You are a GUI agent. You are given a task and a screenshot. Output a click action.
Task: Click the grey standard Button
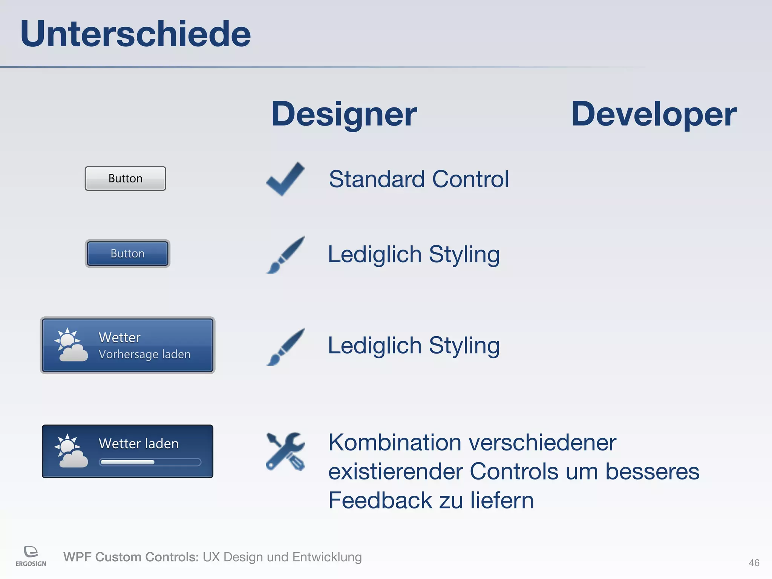[x=125, y=178]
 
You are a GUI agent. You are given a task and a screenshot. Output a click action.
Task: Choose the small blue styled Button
[x=127, y=253]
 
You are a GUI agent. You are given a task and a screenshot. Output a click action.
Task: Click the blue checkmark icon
[x=285, y=179]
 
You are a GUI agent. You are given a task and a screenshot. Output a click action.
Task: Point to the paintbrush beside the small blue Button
[x=285, y=255]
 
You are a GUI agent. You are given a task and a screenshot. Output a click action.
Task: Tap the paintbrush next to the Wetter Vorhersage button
[x=285, y=346]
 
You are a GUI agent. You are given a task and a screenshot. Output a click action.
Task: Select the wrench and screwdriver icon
[x=285, y=451]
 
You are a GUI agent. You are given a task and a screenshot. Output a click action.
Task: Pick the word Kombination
[x=395, y=442]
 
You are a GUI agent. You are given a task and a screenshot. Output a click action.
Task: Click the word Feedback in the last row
[x=380, y=500]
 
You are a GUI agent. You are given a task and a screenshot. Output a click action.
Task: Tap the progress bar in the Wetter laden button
[x=150, y=462]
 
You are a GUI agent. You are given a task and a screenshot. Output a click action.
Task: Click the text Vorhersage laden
[x=144, y=354]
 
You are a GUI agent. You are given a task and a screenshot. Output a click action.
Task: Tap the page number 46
[x=754, y=563]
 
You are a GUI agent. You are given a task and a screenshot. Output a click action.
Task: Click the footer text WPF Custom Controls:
[x=131, y=557]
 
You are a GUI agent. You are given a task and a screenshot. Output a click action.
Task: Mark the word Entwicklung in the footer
[x=327, y=557]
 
